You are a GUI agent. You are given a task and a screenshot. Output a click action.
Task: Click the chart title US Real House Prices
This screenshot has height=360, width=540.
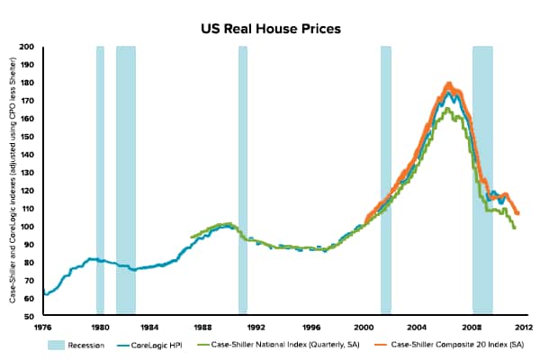click(270, 28)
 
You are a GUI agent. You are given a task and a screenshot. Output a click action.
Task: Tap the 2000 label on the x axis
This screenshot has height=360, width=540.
click(364, 327)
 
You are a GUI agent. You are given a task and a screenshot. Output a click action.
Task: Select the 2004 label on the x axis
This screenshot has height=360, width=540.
click(417, 327)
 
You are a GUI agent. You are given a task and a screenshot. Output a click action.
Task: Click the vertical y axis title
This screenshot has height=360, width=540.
click(13, 180)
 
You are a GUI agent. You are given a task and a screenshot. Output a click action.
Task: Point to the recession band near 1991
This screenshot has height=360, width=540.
click(243, 180)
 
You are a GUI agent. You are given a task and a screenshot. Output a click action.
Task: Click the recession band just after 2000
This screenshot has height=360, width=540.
click(385, 180)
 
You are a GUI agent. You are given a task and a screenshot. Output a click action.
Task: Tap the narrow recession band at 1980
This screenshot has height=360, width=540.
click(100, 180)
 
